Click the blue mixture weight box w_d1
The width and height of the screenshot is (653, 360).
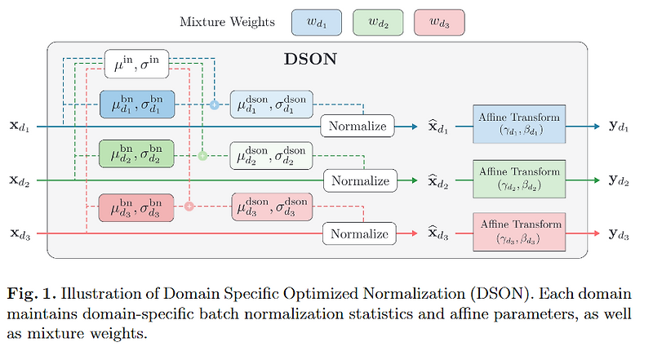pos(314,21)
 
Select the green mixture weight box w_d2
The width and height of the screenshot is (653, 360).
pos(377,21)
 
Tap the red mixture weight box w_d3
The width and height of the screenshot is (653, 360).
pos(439,21)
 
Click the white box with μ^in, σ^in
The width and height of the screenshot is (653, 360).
pos(140,64)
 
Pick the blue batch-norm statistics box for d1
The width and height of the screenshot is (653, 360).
pos(136,106)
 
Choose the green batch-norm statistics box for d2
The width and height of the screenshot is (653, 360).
pos(136,155)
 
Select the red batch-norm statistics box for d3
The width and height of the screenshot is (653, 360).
pos(136,207)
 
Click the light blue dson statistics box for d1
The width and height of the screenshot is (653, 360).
pos(270,106)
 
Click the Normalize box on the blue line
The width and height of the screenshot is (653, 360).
pos(358,126)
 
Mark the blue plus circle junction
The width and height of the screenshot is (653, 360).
pos(215,106)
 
